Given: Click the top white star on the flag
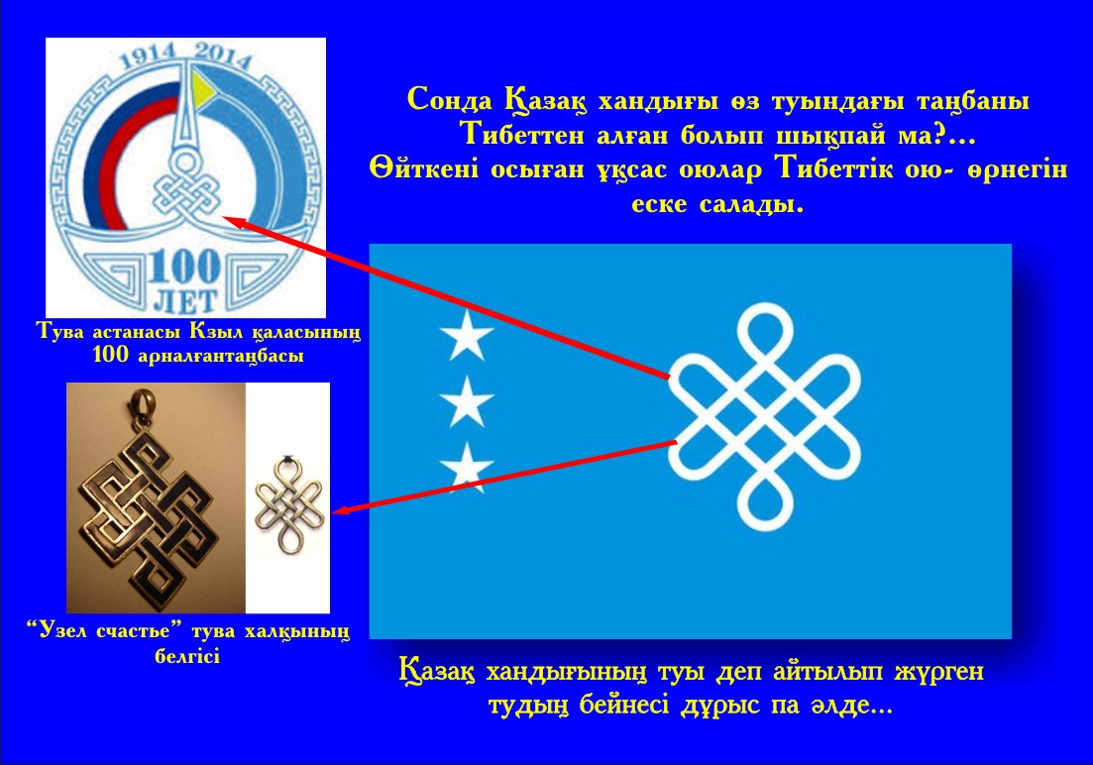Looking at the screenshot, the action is pyautogui.click(x=467, y=335).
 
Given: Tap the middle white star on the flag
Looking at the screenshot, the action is pyautogui.click(x=467, y=401).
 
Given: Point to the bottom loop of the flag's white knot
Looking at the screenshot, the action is pyautogui.click(x=765, y=502).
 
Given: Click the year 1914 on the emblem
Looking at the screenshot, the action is pyautogui.click(x=148, y=55).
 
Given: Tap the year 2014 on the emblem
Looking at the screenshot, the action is pyautogui.click(x=222, y=55).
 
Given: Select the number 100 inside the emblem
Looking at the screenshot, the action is pyautogui.click(x=184, y=268).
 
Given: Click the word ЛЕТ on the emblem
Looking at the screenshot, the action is pyautogui.click(x=184, y=300).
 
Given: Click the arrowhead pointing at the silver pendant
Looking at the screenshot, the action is pyautogui.click(x=345, y=509).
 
